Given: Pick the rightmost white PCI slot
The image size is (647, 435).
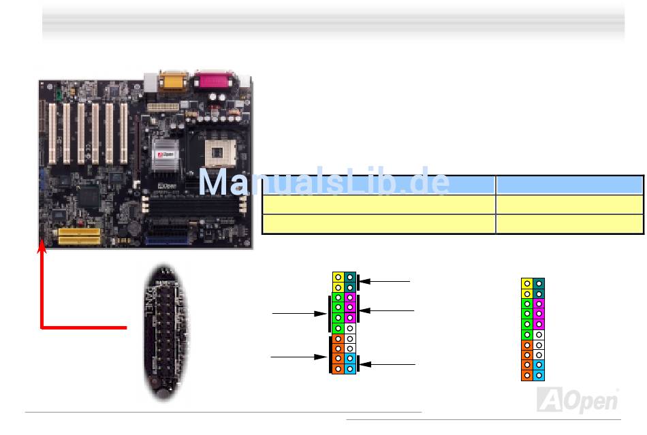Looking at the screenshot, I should click(124, 135).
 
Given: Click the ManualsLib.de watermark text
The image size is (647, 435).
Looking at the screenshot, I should click(324, 182).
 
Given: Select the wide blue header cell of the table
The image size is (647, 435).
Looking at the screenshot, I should click(378, 184).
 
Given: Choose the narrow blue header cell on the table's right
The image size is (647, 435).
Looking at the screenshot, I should click(569, 184).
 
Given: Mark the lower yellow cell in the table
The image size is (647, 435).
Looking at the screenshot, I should click(378, 223).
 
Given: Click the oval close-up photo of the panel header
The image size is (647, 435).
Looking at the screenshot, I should click(165, 332).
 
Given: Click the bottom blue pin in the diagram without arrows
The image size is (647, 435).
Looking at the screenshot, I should click(539, 375).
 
